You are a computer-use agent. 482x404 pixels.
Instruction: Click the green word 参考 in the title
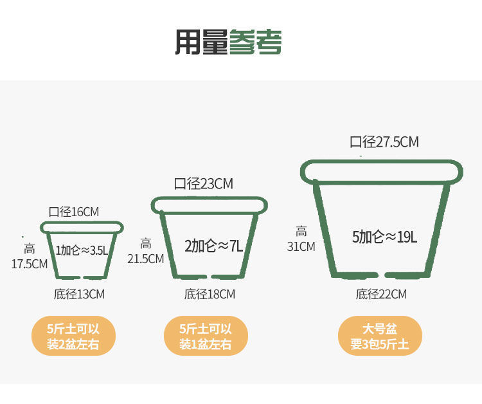point(255,42)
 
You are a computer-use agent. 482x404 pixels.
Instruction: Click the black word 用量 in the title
point(201,42)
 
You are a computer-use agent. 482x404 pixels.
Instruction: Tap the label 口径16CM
point(74,212)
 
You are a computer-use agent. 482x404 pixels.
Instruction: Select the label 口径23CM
point(204,184)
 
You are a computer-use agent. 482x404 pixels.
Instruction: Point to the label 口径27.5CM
point(384,142)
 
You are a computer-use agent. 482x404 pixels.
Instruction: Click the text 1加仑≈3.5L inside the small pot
point(82,250)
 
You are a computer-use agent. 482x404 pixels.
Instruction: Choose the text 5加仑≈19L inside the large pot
point(384,237)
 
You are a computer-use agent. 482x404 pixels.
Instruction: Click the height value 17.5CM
point(30,263)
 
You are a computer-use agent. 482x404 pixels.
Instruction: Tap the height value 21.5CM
point(146,259)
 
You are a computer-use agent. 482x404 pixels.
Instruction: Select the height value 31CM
point(301,246)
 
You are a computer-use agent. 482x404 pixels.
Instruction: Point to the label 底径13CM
point(79,295)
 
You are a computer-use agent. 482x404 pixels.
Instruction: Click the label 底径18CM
point(210,295)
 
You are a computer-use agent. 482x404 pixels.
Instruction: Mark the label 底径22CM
point(381,295)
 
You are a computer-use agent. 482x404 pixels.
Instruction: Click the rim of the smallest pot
point(82,227)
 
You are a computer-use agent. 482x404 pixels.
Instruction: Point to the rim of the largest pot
point(382,170)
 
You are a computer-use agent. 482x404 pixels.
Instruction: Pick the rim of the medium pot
point(210,205)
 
